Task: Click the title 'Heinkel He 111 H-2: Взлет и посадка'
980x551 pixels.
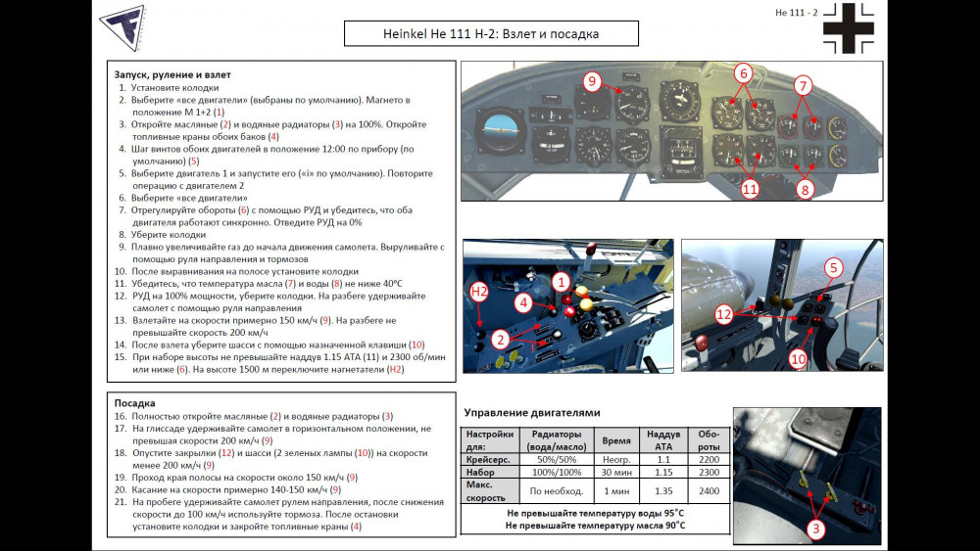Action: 491,34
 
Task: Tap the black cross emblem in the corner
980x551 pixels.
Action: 848,28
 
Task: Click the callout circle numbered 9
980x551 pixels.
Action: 591,81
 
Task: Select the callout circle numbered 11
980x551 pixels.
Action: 750,189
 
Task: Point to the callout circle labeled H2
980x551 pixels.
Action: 480,291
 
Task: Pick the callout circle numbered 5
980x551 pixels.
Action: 833,267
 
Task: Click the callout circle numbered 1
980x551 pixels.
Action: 562,281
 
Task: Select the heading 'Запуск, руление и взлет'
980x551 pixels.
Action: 172,74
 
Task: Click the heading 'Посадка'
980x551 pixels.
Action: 135,402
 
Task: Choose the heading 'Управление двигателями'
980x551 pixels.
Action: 531,413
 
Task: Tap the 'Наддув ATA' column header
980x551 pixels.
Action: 663,439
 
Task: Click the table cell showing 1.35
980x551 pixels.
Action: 663,490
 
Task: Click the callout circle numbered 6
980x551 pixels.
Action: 743,73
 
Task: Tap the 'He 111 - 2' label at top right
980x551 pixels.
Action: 796,12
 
